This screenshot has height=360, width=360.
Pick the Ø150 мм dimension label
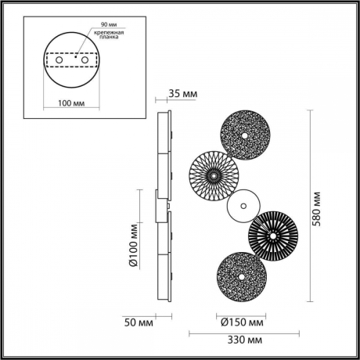pos(243,321)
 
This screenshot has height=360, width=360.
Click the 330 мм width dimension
pos(239,341)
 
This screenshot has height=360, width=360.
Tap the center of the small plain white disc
pos(242,207)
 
